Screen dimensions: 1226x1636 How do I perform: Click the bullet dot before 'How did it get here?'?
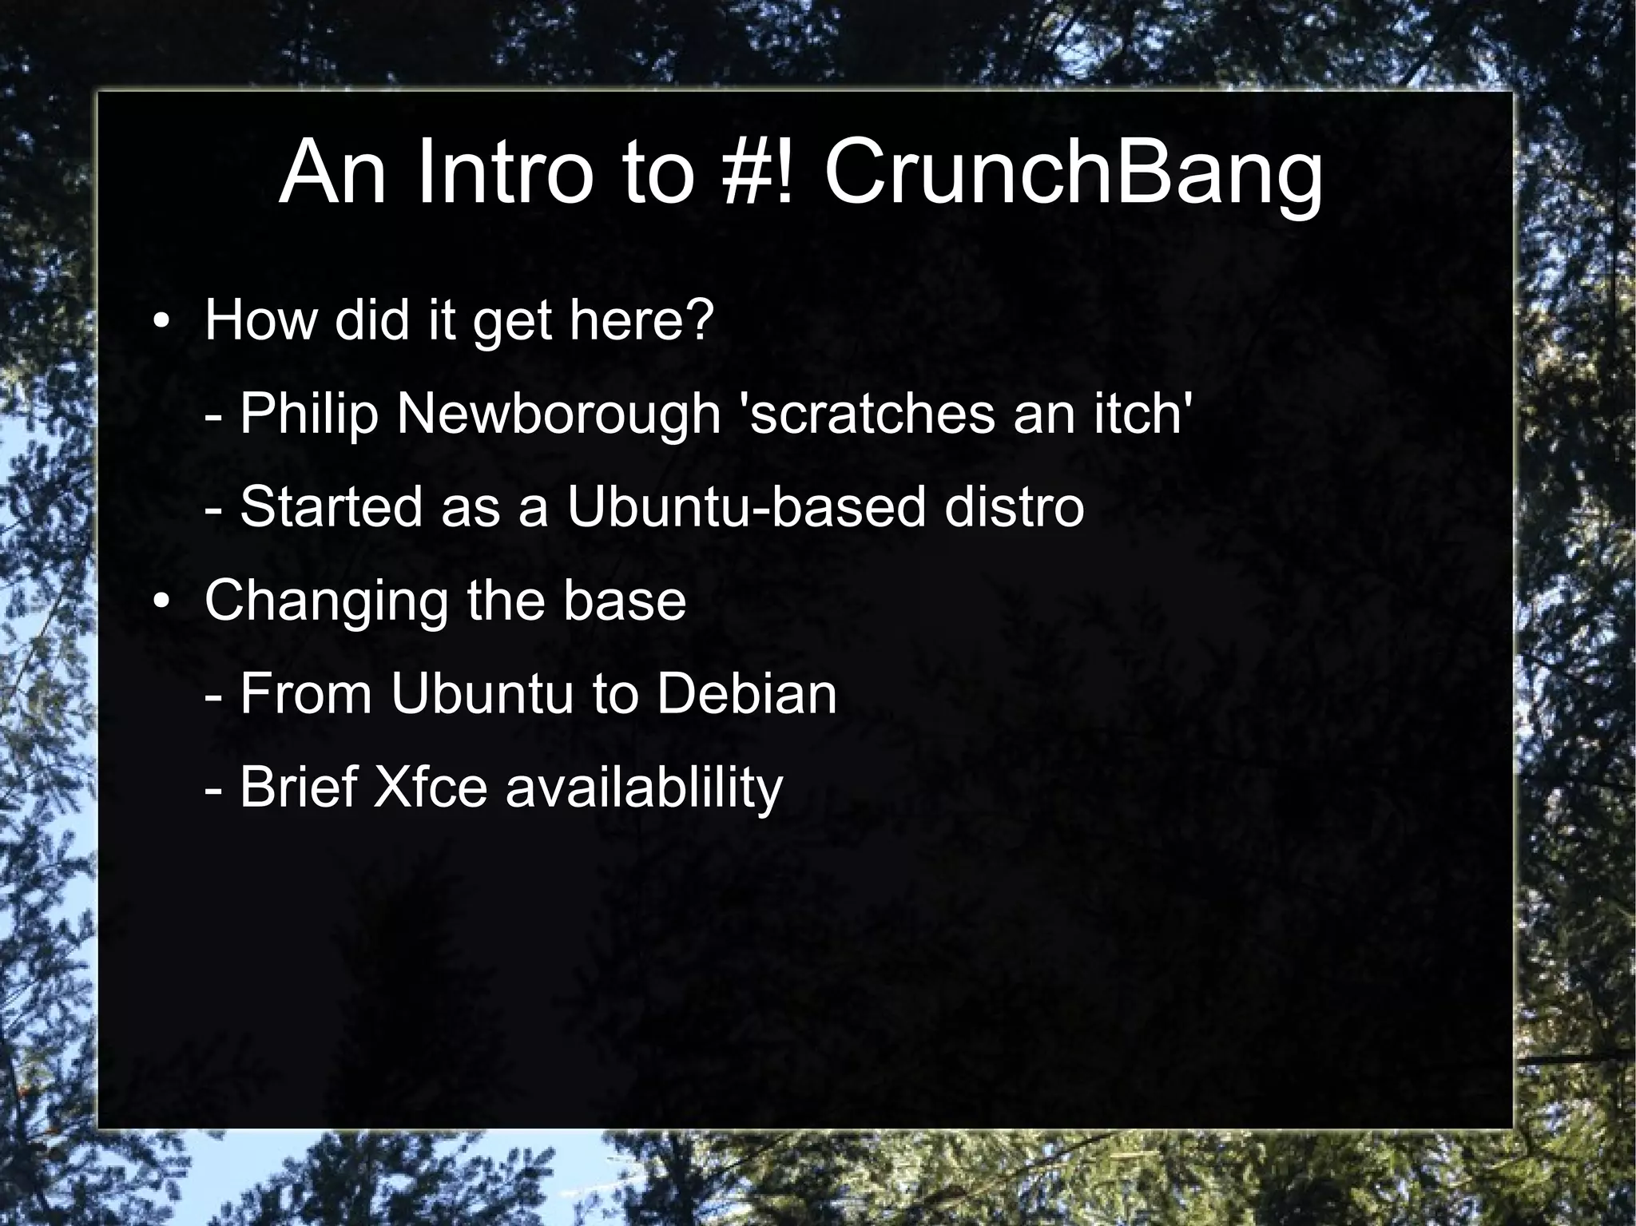tap(161, 323)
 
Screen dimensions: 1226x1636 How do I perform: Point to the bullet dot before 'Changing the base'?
tap(161, 603)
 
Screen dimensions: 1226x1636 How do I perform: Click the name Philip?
tap(308, 415)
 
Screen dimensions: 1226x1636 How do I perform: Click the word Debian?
tap(746, 694)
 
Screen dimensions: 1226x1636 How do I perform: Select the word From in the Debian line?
tap(306, 694)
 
